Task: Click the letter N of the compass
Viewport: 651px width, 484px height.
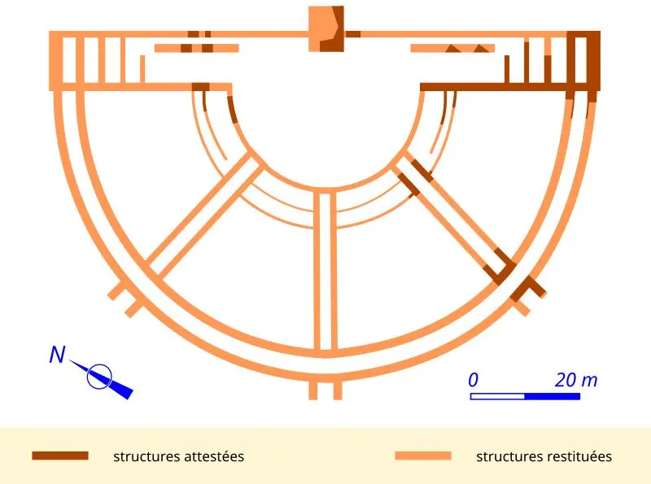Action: pyautogui.click(x=57, y=355)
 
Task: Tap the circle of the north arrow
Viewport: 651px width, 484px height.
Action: pyautogui.click(x=99, y=377)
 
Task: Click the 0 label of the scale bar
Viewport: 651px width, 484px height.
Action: pyautogui.click(x=474, y=380)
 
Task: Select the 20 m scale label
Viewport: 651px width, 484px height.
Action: pyautogui.click(x=576, y=380)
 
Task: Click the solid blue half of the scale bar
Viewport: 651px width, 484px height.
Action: pyautogui.click(x=553, y=396)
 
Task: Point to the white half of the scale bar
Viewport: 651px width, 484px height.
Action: pyautogui.click(x=497, y=396)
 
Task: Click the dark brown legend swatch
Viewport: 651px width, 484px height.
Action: pyautogui.click(x=60, y=456)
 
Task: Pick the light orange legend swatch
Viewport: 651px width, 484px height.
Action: pyautogui.click(x=423, y=456)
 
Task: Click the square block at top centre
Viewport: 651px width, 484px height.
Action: pyautogui.click(x=326, y=28)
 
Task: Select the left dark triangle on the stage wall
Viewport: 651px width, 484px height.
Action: pyautogui.click(x=453, y=48)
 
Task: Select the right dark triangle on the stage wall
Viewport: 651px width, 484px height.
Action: pyautogui.click(x=482, y=48)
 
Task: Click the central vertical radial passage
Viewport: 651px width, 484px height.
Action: pyautogui.click(x=325, y=270)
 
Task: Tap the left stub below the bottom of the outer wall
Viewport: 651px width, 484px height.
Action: pyautogui.click(x=313, y=390)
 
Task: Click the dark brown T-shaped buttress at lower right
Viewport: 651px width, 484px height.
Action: pyautogui.click(x=527, y=288)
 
